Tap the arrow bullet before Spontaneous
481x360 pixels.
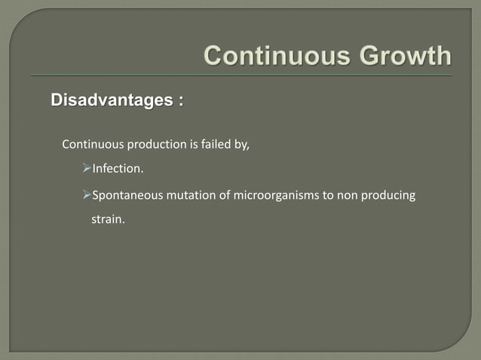pos(86,196)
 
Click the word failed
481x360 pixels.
pos(219,145)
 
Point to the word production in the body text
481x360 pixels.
pos(156,145)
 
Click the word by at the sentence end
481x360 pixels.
pos(243,145)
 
